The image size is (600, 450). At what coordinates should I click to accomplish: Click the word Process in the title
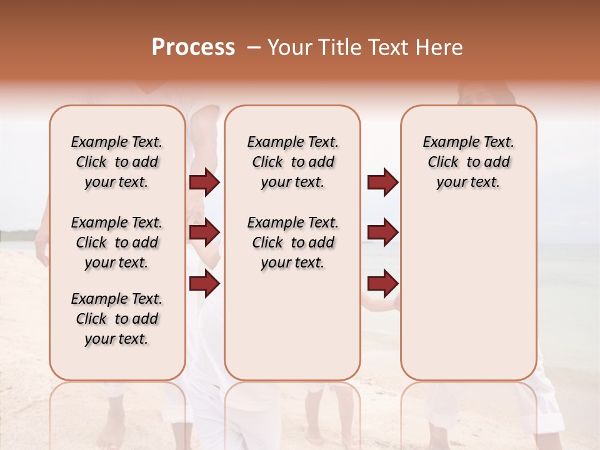[x=193, y=47]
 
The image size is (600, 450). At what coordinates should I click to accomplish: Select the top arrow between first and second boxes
[x=204, y=182]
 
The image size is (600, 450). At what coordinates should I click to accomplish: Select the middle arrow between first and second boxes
[x=204, y=232]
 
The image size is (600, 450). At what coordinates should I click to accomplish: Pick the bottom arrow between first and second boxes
[x=204, y=284]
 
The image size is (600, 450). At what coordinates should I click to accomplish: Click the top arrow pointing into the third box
[x=382, y=182]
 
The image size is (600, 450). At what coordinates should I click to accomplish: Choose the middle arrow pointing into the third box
[x=382, y=232]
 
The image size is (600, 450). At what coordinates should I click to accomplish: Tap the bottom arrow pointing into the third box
[x=382, y=284]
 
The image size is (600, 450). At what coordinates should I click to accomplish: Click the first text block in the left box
[x=117, y=162]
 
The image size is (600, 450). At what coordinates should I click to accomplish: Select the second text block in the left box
[x=117, y=242]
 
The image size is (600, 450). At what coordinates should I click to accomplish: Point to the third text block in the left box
[x=117, y=319]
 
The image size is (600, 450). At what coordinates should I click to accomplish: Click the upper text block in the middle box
[x=292, y=162]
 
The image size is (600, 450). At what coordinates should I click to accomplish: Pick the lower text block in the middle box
[x=292, y=242]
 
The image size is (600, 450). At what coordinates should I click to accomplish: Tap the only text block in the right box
[x=468, y=162]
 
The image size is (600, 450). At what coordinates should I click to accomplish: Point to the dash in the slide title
[x=253, y=47]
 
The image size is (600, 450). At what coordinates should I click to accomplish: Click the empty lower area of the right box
[x=468, y=300]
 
